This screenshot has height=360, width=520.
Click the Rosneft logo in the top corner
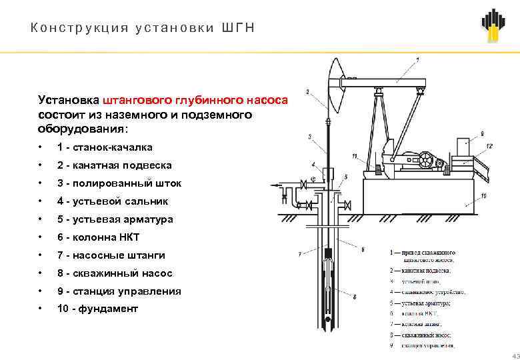pos(493,25)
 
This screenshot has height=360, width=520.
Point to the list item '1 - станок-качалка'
pos(105,147)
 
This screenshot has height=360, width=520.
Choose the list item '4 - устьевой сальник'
pos(113,201)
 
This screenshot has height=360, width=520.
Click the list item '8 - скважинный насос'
pos(115,273)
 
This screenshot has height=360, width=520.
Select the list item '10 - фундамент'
pos(97,309)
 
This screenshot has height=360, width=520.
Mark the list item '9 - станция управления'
pos(119,291)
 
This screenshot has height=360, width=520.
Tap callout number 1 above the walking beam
pos(417,60)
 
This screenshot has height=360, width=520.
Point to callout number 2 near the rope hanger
pos(307,91)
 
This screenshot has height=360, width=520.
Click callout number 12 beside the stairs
pos(489,145)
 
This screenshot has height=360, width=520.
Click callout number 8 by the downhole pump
pos(354,297)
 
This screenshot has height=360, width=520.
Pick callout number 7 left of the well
pos(300,254)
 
